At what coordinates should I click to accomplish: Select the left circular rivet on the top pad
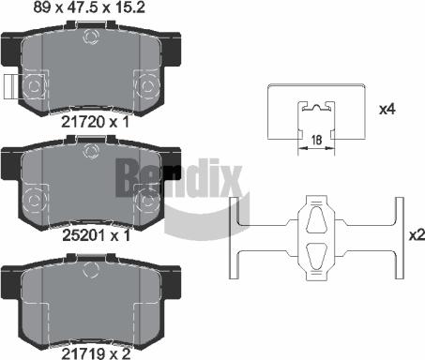pos(36,87)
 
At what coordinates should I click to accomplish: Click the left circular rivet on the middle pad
pos(36,199)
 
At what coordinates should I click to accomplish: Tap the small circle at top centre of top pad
pos(91,38)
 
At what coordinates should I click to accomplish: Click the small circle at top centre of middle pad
pos(91,152)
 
